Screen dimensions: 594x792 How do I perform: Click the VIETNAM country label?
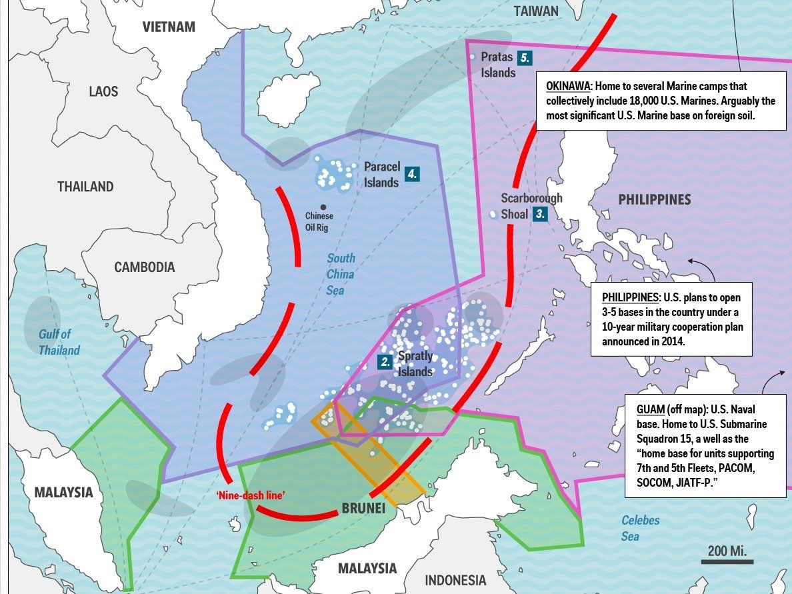[169, 27]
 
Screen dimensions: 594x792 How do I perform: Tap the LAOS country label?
[103, 91]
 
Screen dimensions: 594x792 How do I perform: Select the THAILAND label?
[85, 187]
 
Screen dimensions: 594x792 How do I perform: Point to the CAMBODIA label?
[144, 267]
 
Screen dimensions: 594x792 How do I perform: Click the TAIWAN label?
[536, 11]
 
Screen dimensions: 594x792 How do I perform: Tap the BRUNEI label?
[363, 509]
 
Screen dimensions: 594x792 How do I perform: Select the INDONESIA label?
[455, 579]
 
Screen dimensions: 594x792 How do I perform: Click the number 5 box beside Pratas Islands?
[525, 57]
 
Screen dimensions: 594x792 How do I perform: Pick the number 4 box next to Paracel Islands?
[413, 175]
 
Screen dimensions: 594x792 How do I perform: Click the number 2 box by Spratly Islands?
[385, 363]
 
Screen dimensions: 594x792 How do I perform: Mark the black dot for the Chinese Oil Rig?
[323, 207]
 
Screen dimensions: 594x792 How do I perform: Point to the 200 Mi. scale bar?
[727, 561]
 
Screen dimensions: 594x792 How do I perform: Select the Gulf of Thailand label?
[59, 342]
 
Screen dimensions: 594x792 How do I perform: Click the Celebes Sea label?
[640, 528]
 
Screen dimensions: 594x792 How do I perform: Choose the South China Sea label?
[340, 274]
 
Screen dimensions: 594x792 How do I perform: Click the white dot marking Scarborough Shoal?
[493, 215]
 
